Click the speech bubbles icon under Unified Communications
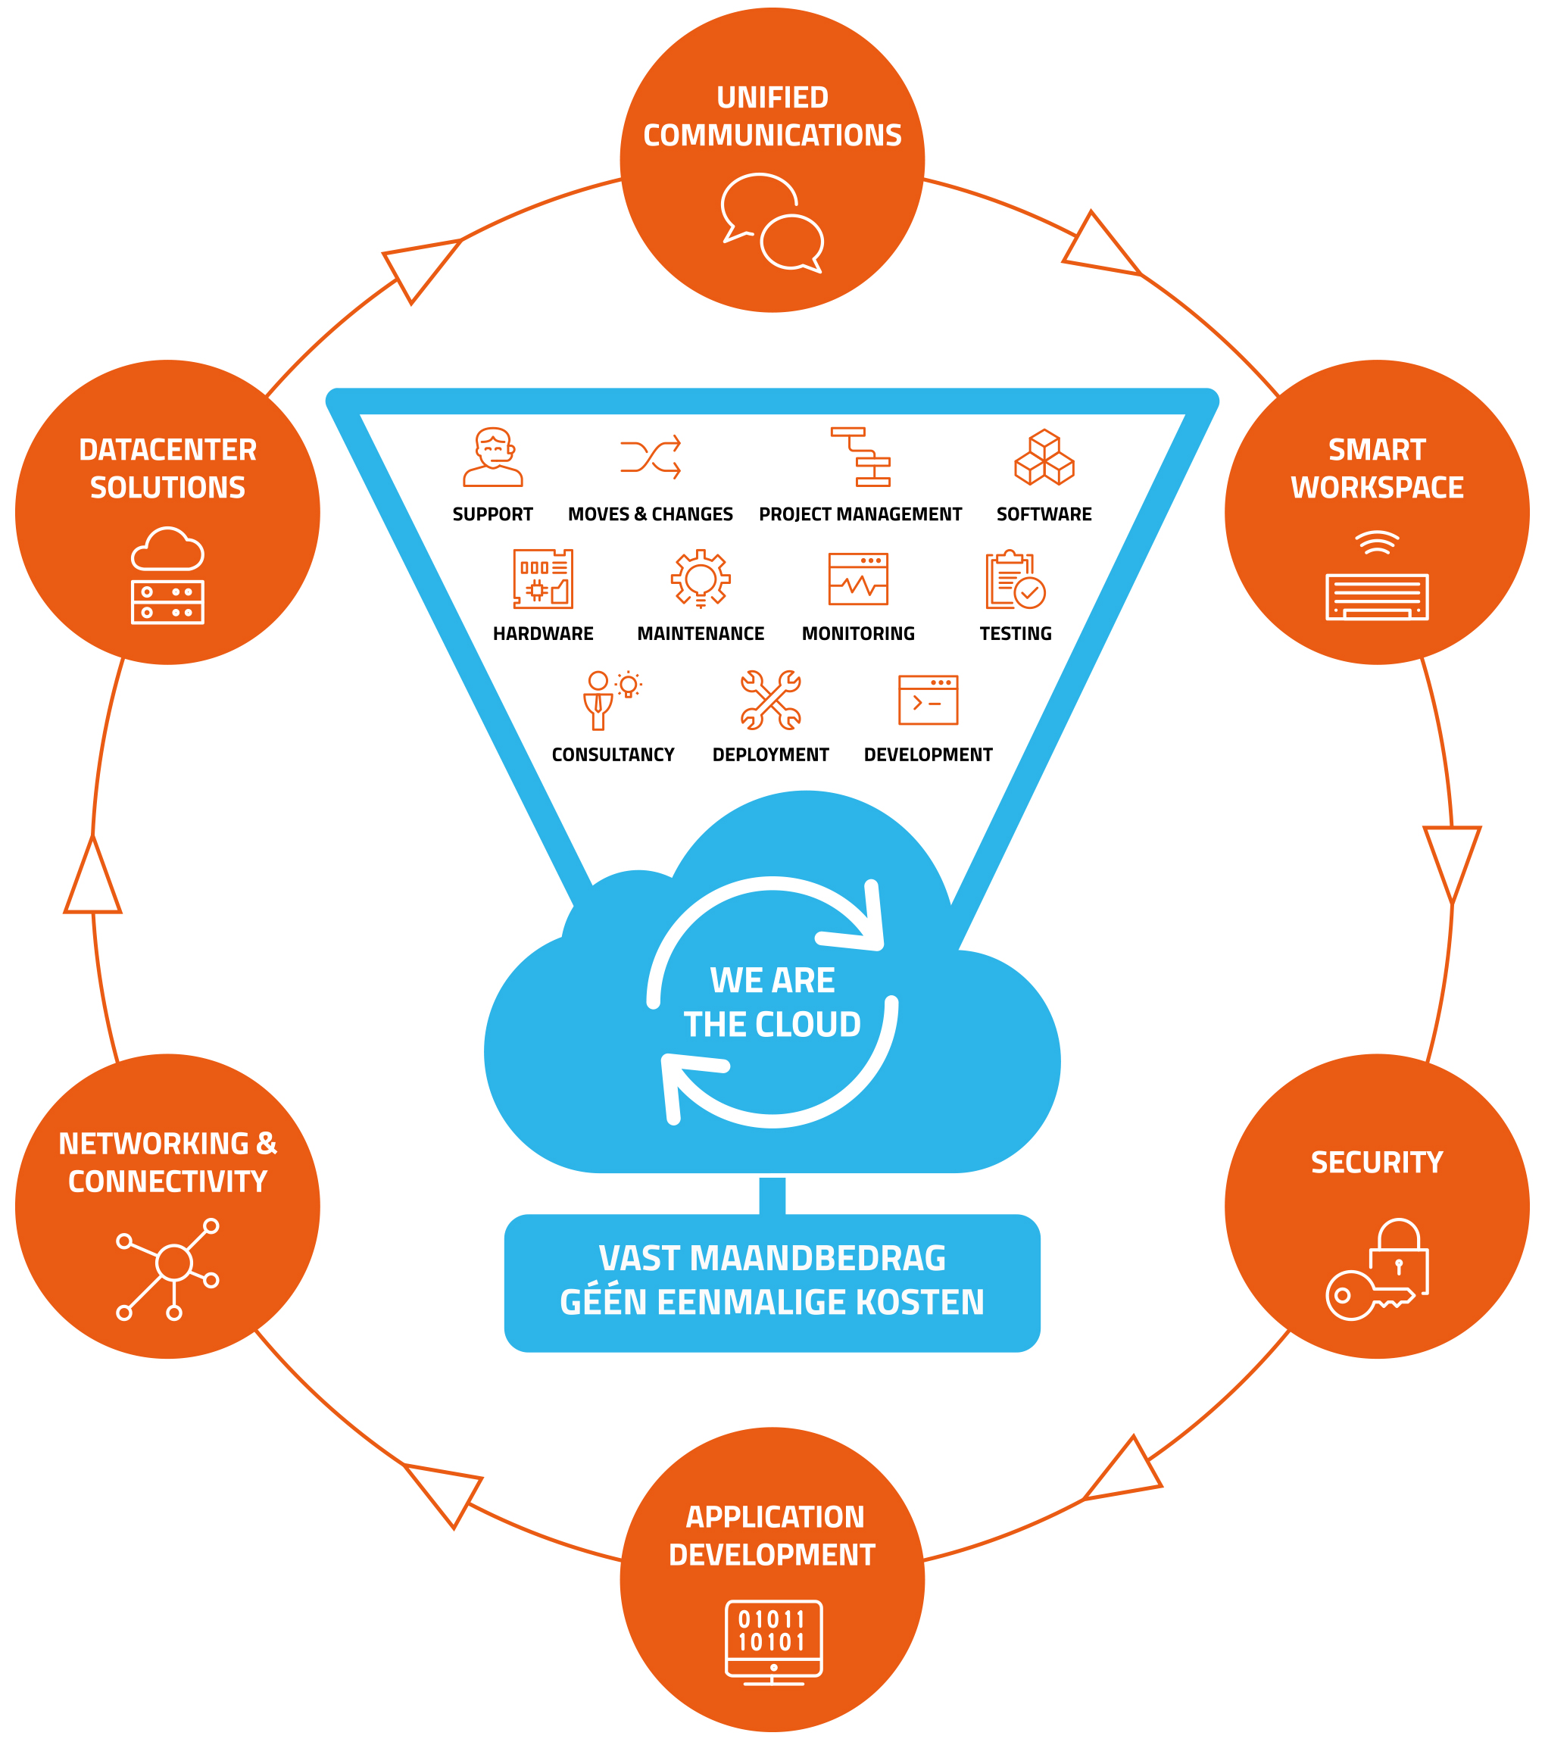click(x=772, y=222)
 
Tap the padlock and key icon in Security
click(x=1377, y=1270)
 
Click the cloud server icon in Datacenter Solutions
click(x=168, y=576)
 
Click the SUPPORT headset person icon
click(x=493, y=457)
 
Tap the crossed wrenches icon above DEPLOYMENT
click(x=770, y=701)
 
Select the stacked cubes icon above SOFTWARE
click(x=1044, y=457)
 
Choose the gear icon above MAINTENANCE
click(x=701, y=578)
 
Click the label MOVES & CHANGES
click(x=651, y=515)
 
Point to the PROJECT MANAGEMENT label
click(x=860, y=515)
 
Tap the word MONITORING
click(x=858, y=634)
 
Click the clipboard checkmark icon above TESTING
click(x=1015, y=580)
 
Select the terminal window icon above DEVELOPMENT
click(x=928, y=701)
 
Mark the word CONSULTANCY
click(x=613, y=755)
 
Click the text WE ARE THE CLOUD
click(x=772, y=1002)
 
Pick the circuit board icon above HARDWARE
click(x=544, y=579)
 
